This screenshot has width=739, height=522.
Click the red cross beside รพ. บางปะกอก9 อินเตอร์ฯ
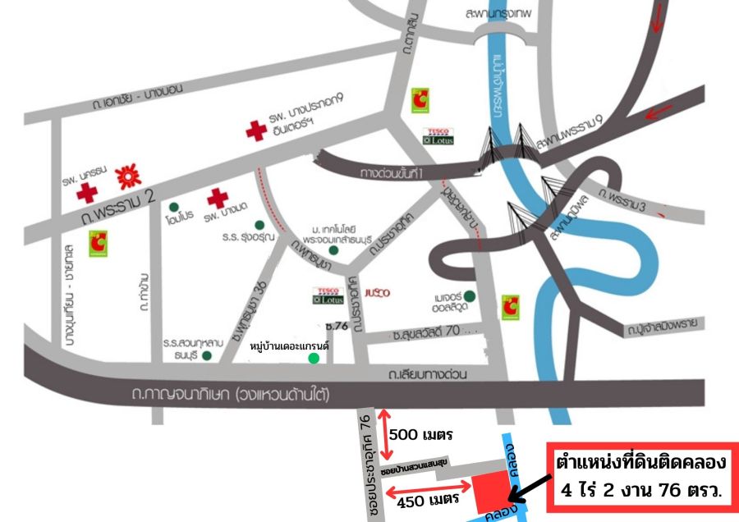(256, 131)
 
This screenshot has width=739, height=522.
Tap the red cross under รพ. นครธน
(86, 193)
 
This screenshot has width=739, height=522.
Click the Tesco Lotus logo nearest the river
(435, 136)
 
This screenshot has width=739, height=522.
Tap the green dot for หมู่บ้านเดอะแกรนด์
(313, 358)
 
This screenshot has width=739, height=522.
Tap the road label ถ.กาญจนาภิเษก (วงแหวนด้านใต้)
(230, 396)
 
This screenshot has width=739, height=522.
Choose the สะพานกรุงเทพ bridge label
(496, 14)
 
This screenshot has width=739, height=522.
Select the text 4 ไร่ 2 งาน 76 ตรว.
(641, 491)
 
